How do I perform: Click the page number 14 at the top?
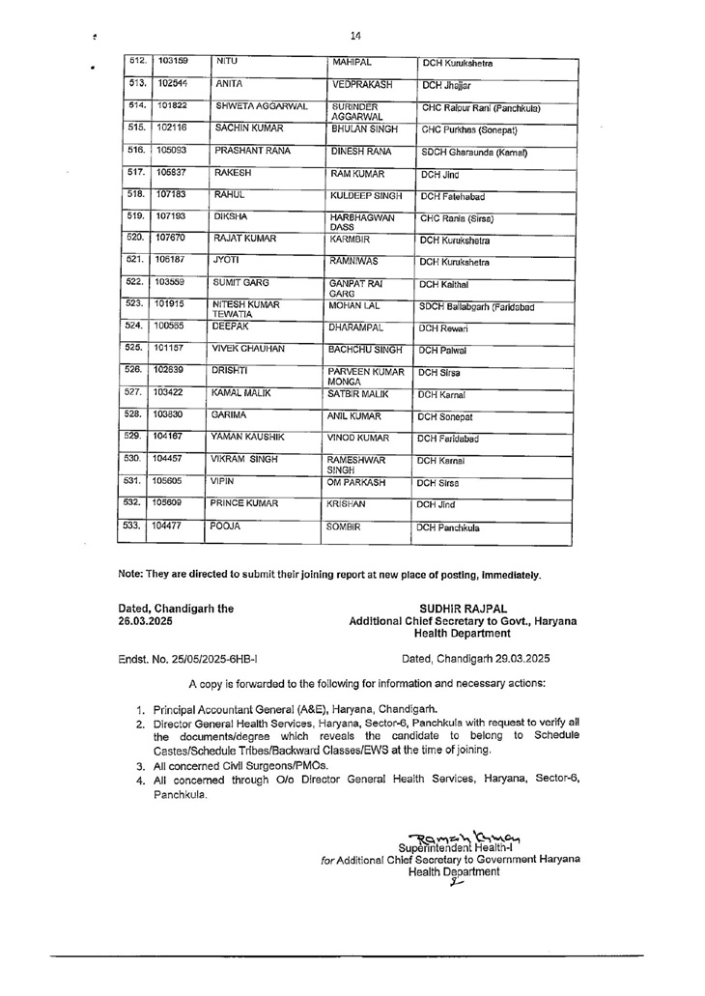coord(355,36)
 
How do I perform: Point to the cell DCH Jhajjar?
coord(445,85)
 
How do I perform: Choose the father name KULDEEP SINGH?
coord(367,196)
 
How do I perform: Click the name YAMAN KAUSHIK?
coord(249,438)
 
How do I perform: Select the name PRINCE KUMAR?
coord(244,502)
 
